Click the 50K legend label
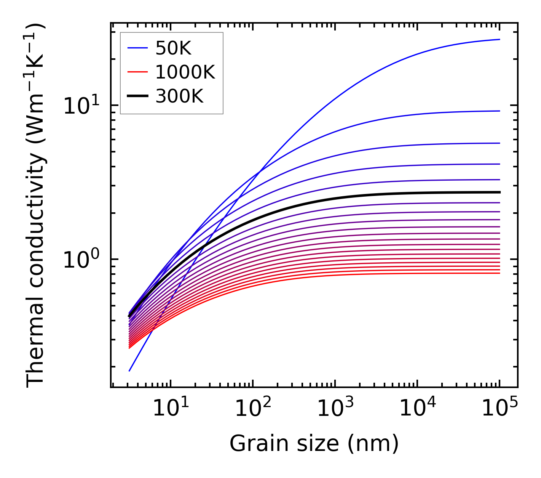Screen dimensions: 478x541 click(173, 48)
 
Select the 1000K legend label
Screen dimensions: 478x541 click(185, 72)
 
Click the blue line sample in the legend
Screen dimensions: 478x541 click(137, 48)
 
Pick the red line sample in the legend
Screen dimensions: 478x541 click(137, 72)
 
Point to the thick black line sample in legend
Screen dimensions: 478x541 click(137, 96)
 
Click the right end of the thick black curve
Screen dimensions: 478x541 click(499, 192)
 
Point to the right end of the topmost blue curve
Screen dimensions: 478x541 click(499, 39)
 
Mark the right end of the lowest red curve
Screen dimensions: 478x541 click(499, 273)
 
